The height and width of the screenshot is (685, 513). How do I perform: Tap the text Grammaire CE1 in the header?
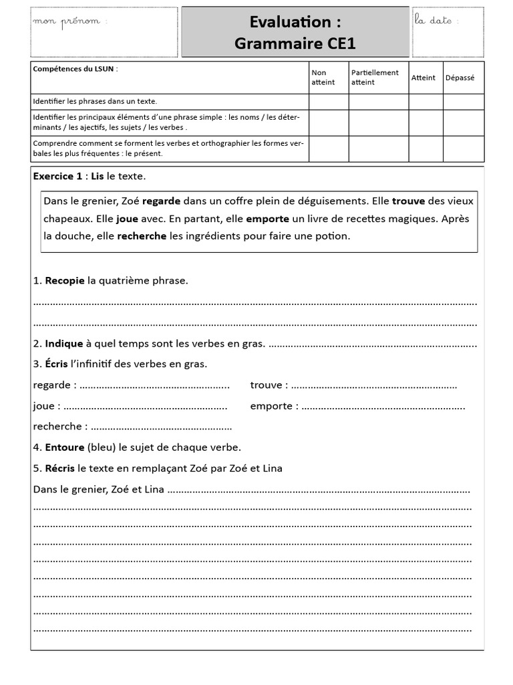pyautogui.click(x=295, y=43)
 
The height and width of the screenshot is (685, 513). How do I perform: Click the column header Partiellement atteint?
pyautogui.click(x=375, y=78)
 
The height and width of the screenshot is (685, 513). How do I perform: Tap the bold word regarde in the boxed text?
pyautogui.click(x=161, y=201)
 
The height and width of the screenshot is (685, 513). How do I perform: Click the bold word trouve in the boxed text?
pyautogui.click(x=408, y=201)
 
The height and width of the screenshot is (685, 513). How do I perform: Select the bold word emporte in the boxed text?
pyautogui.click(x=267, y=219)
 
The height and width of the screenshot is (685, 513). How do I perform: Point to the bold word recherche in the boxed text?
pyautogui.click(x=142, y=236)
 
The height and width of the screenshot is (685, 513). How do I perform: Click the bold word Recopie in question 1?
pyautogui.click(x=65, y=281)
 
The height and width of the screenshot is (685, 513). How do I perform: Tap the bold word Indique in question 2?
pyautogui.click(x=64, y=344)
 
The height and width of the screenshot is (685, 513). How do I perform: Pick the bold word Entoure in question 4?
pyautogui.click(x=65, y=448)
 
